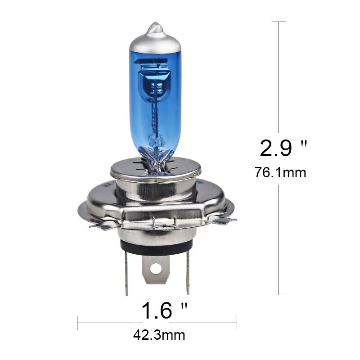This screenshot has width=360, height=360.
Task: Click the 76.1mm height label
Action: pos(280,172)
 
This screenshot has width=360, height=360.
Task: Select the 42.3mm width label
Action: pos(159,335)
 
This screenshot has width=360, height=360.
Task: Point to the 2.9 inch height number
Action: pos(276,148)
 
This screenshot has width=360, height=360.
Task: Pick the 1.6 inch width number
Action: pos(158,310)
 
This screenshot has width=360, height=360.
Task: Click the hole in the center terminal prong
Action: pos(156,269)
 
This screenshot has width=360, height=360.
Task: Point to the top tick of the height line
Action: pos(279,22)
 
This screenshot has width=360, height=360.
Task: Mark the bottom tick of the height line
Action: pos(279,295)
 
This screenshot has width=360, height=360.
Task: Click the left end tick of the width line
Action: pos(77,322)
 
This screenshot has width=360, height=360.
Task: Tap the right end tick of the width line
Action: pos(237,322)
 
